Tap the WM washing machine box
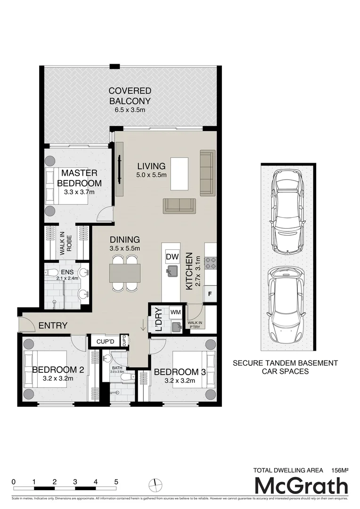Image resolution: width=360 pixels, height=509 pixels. click(175, 312)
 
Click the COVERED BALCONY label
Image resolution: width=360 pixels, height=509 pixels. click(130, 96)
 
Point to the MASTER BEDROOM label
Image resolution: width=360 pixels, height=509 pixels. click(78, 178)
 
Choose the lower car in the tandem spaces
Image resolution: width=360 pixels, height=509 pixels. click(287, 306)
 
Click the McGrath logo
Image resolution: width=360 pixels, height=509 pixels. click(301, 485)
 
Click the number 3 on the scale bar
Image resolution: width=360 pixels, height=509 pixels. click(75, 482)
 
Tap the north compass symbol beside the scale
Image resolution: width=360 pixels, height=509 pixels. click(154, 484)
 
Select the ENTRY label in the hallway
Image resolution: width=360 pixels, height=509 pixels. click(53, 325)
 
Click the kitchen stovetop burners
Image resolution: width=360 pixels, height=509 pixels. click(210, 263)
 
